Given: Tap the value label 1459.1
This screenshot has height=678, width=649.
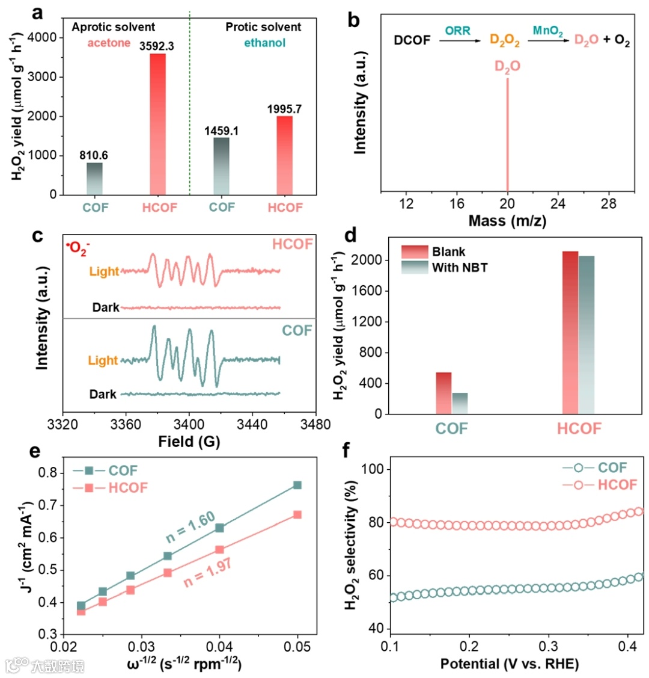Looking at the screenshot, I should [222, 130].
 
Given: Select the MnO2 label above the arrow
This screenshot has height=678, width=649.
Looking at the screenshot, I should [548, 30].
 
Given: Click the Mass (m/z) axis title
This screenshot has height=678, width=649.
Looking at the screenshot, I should [507, 221].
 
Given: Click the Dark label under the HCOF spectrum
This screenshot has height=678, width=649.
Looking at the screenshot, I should [106, 308].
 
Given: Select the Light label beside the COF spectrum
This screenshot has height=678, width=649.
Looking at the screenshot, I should [103, 360].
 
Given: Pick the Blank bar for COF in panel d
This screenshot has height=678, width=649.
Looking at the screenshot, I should [443, 393].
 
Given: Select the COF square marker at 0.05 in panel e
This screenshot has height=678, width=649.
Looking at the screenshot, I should [297, 485].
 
